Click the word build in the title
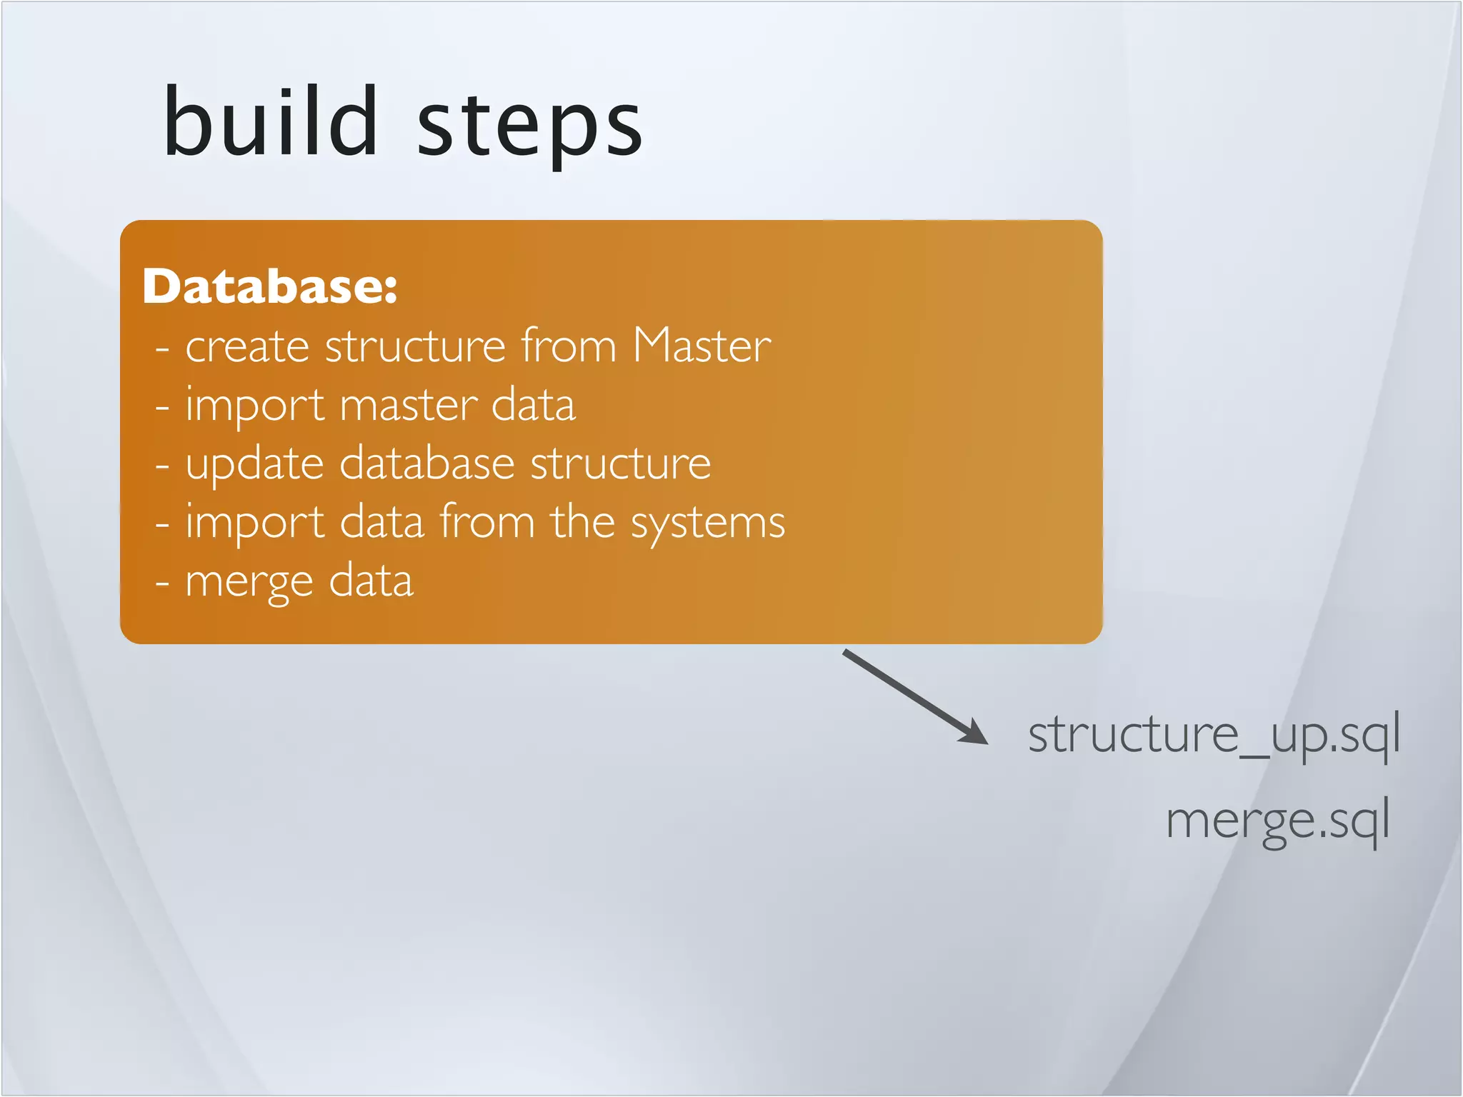[270, 121]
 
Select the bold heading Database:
[270, 286]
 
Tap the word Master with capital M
[702, 346]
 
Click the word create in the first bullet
[247, 347]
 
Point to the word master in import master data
[408, 406]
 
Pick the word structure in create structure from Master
[416, 347]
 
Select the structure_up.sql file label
[1213, 735]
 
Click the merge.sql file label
[1277, 821]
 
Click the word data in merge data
[371, 581]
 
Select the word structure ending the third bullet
[620, 464]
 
